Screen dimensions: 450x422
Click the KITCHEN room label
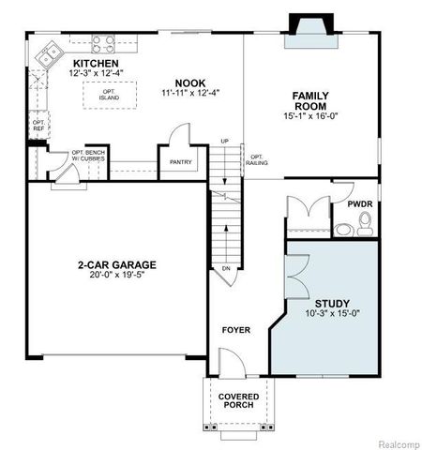pyautogui.click(x=94, y=64)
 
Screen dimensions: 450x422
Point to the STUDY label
pyautogui.click(x=332, y=303)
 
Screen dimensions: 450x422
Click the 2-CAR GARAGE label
pyautogui.click(x=117, y=264)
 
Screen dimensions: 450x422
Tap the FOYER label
pyautogui.click(x=235, y=330)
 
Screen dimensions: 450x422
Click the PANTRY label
pyautogui.click(x=181, y=162)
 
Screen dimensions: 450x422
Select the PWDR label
pyautogui.click(x=360, y=202)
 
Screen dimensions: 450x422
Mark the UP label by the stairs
pyautogui.click(x=224, y=142)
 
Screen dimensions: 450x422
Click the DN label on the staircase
pyautogui.click(x=225, y=268)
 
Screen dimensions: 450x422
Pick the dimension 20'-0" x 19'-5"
pyautogui.click(x=117, y=277)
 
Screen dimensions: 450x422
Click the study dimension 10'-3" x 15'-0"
pyautogui.click(x=332, y=315)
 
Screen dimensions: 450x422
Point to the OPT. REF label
pyautogui.click(x=38, y=125)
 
